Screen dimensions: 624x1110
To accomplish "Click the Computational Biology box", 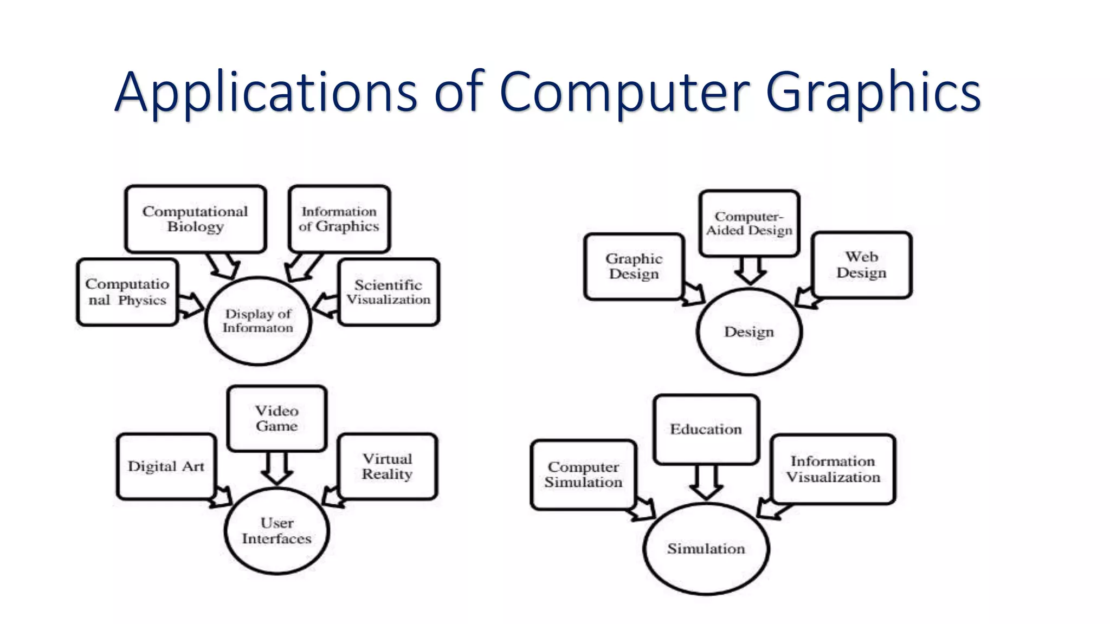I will pyautogui.click(x=195, y=219).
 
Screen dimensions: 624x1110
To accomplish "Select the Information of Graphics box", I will pyautogui.click(x=339, y=219).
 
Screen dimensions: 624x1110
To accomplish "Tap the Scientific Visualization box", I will pyautogui.click(x=389, y=292).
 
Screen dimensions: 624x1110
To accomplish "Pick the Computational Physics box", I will pyautogui.click(x=127, y=292).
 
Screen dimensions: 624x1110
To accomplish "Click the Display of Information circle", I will pyautogui.click(x=258, y=321).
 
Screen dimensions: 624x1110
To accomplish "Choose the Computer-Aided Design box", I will pyautogui.click(x=749, y=223).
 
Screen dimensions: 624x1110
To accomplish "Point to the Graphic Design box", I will pyautogui.click(x=634, y=266).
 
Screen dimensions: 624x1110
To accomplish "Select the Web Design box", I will pyautogui.click(x=862, y=265).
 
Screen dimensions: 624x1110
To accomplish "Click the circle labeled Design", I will pyautogui.click(x=749, y=331).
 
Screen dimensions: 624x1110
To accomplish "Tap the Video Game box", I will pyautogui.click(x=277, y=418).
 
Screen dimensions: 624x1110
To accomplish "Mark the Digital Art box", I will pyautogui.click(x=166, y=466).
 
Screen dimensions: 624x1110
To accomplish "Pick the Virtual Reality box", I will pyautogui.click(x=388, y=466).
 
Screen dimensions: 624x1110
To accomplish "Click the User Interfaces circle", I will pyautogui.click(x=277, y=531).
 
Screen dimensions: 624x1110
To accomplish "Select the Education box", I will pyautogui.click(x=706, y=429).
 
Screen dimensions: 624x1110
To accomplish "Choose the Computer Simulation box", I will pyautogui.click(x=584, y=474).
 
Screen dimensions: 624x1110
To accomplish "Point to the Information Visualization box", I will pyautogui.click(x=833, y=469).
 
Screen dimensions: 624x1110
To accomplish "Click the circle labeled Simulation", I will pyautogui.click(x=706, y=549).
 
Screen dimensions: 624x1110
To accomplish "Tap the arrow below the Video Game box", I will pyautogui.click(x=277, y=468).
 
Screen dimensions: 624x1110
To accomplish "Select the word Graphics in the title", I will pyautogui.click(x=873, y=92).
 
